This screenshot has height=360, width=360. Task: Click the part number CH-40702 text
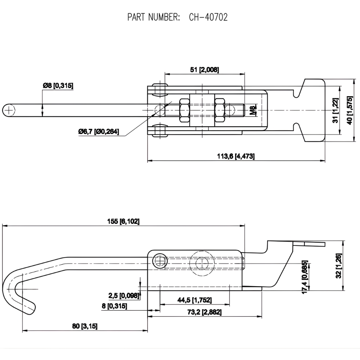point(208,17)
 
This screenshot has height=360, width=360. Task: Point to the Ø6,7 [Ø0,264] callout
point(98,132)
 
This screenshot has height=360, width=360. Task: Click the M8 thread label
point(253,110)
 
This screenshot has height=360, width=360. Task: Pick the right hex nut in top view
point(220,110)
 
